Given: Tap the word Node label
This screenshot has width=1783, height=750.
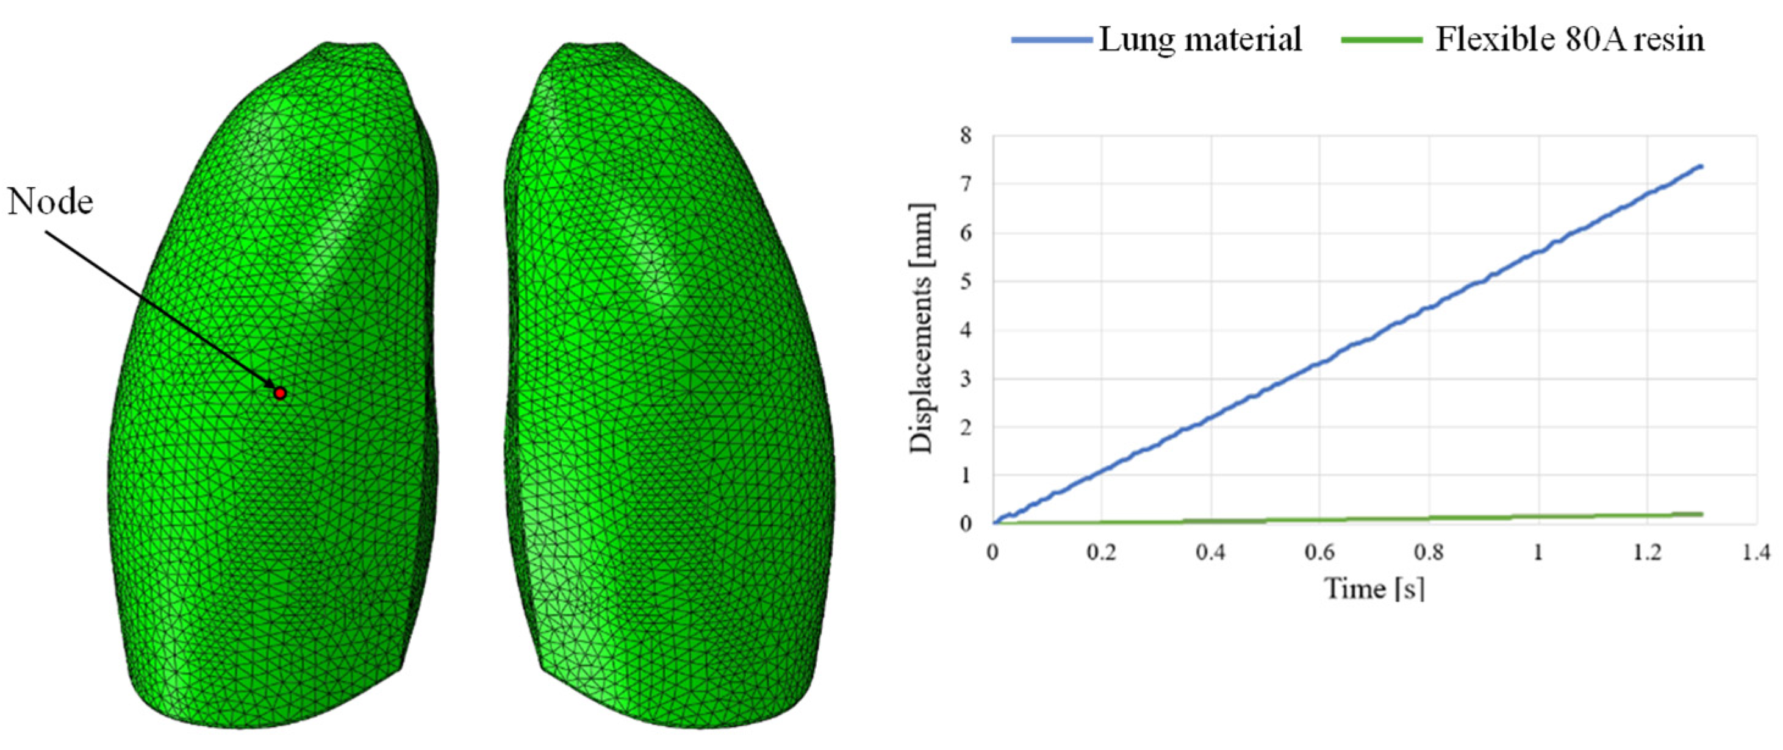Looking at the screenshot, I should tap(51, 202).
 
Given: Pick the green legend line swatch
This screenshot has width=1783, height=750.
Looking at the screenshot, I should tap(1382, 40).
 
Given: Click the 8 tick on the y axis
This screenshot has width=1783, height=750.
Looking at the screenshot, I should tap(966, 135).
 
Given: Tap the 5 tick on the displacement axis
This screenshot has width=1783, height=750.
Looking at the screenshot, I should tap(966, 282).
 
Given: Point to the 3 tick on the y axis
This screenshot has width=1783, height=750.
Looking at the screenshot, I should tap(966, 379).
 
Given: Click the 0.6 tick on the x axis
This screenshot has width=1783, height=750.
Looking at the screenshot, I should tap(1319, 552).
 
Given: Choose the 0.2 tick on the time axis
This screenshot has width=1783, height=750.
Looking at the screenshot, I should tap(1101, 552).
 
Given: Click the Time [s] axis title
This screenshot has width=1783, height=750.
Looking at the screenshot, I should tap(1374, 589).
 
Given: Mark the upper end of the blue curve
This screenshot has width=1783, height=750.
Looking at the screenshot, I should tap(1701, 166).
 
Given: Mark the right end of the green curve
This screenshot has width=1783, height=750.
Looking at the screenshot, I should tap(1701, 514).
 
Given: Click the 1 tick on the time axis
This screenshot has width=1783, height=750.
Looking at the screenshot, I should tap(1538, 552).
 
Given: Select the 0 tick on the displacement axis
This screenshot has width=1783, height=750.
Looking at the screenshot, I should tap(966, 524).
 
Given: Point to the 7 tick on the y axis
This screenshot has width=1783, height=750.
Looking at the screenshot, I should tap(966, 184).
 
